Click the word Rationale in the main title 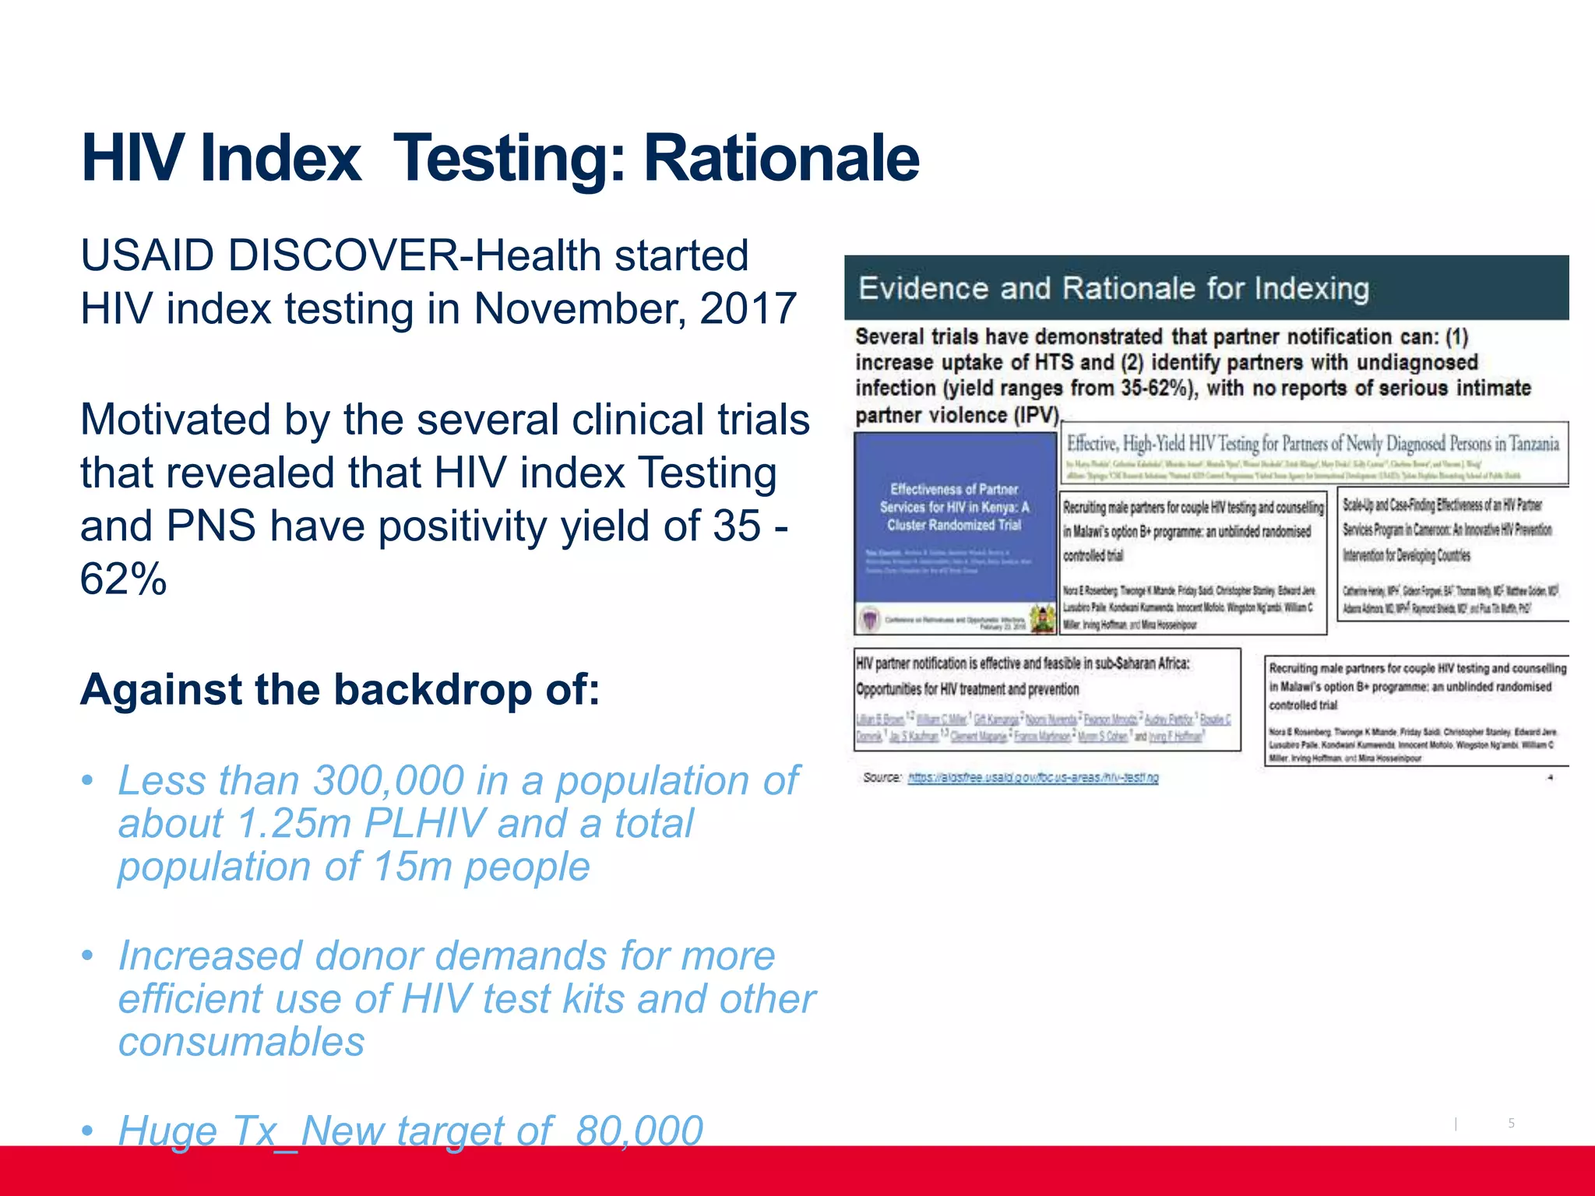point(781,158)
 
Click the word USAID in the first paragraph point(147,255)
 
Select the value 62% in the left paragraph point(123,579)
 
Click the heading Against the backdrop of point(340,690)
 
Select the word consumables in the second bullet point(241,1042)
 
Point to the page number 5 point(1511,1123)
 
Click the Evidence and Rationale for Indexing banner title point(1113,288)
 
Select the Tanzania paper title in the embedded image point(1312,444)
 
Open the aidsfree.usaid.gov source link point(1033,778)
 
